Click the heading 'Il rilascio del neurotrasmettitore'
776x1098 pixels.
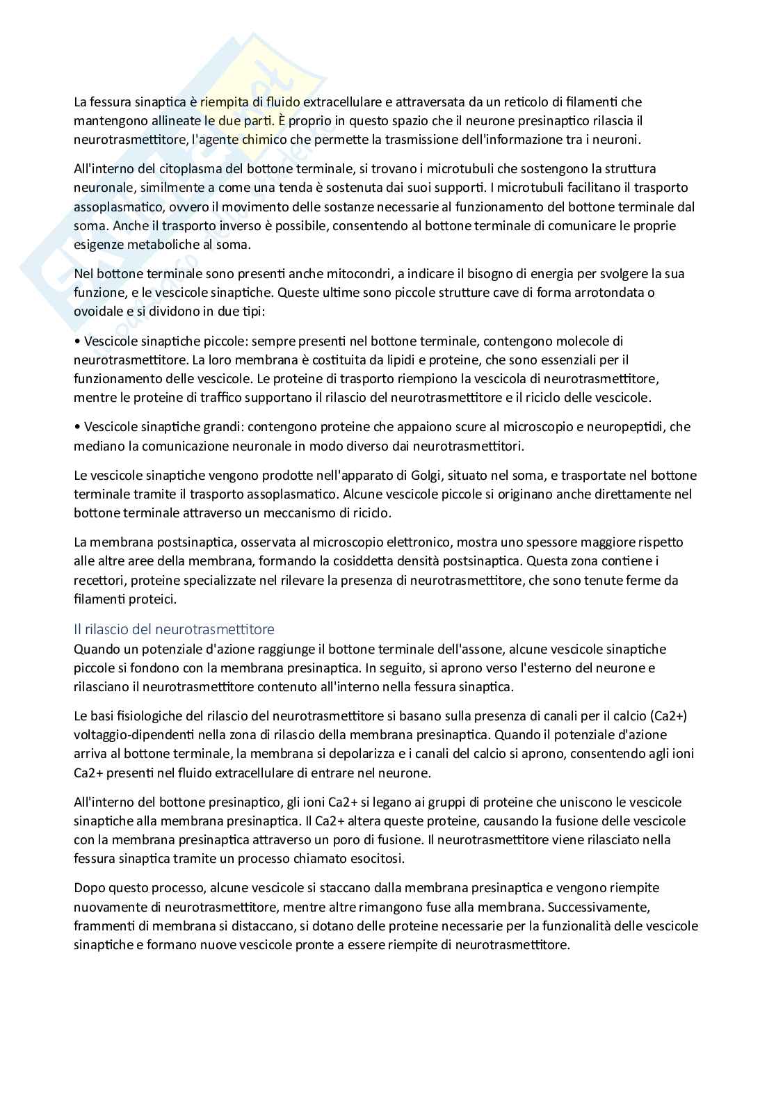(x=174, y=629)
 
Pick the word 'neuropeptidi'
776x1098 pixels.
(x=631, y=426)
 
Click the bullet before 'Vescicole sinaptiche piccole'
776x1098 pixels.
(x=77, y=341)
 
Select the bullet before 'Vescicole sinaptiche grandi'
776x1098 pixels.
(x=77, y=426)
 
